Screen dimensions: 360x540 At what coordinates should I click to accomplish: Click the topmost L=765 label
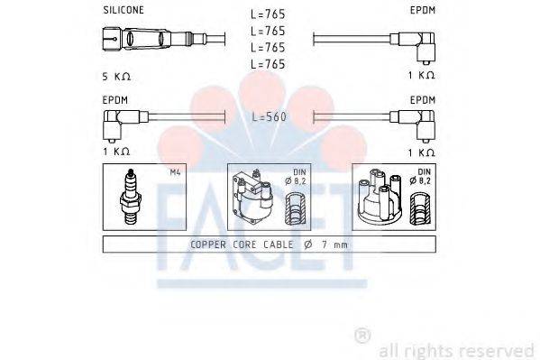[x=268, y=15]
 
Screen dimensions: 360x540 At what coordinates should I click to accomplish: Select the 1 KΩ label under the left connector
[x=115, y=152]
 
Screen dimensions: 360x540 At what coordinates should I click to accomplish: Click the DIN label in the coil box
[x=298, y=172]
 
